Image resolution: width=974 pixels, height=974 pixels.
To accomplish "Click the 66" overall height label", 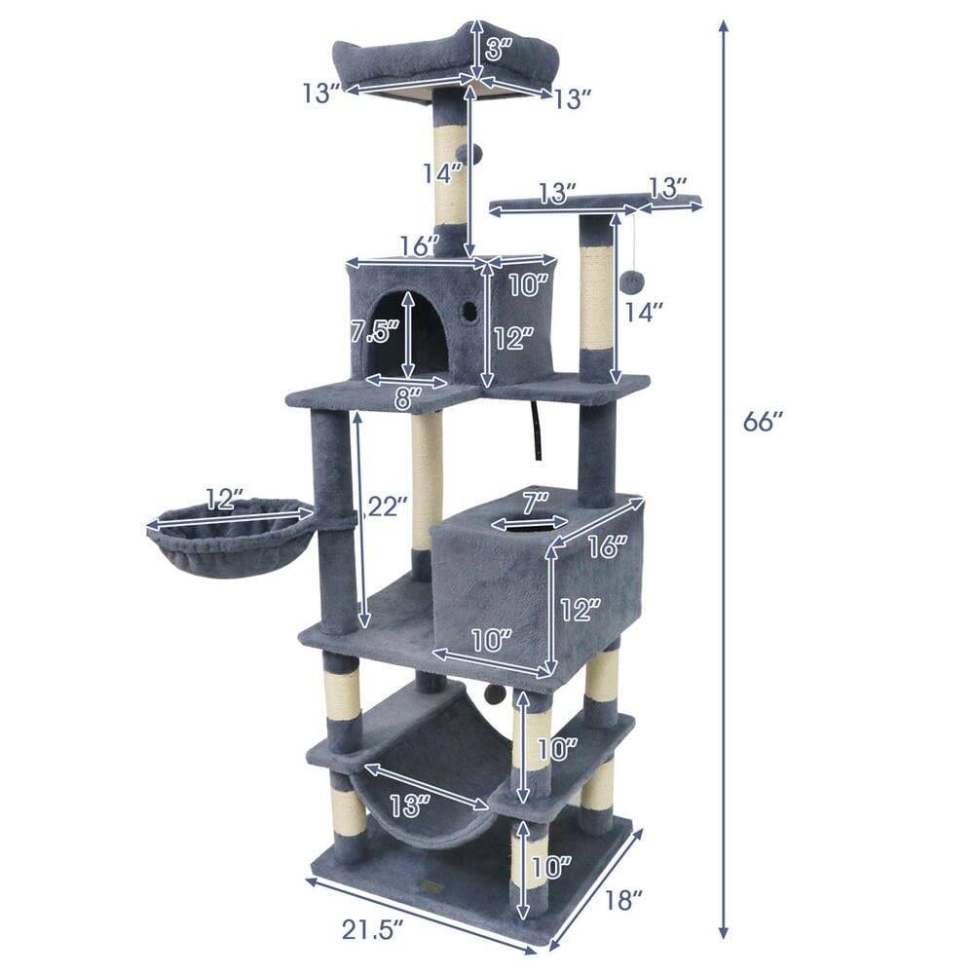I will [763, 422].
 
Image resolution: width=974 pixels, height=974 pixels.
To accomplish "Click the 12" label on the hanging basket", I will [223, 500].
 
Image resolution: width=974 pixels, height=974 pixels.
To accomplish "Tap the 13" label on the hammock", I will [408, 805].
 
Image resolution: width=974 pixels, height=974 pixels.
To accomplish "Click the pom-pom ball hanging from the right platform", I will [634, 281].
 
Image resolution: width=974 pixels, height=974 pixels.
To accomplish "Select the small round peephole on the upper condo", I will [469, 311].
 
